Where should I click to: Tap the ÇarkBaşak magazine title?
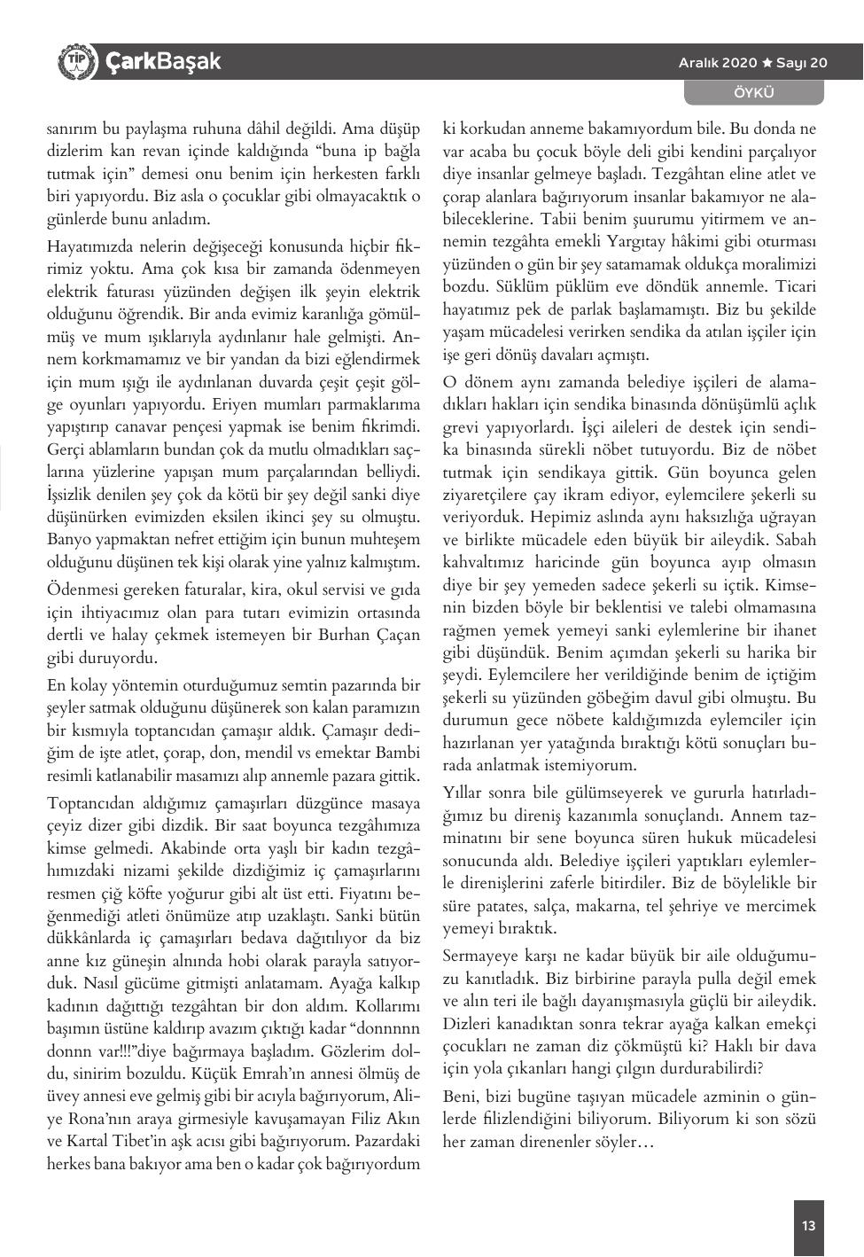pos(163,61)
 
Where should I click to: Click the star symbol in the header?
pos(767,62)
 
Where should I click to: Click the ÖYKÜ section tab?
pos(754,92)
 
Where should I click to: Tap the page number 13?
pos(808,1226)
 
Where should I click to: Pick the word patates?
pos(500,906)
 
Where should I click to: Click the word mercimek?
pos(782,906)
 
